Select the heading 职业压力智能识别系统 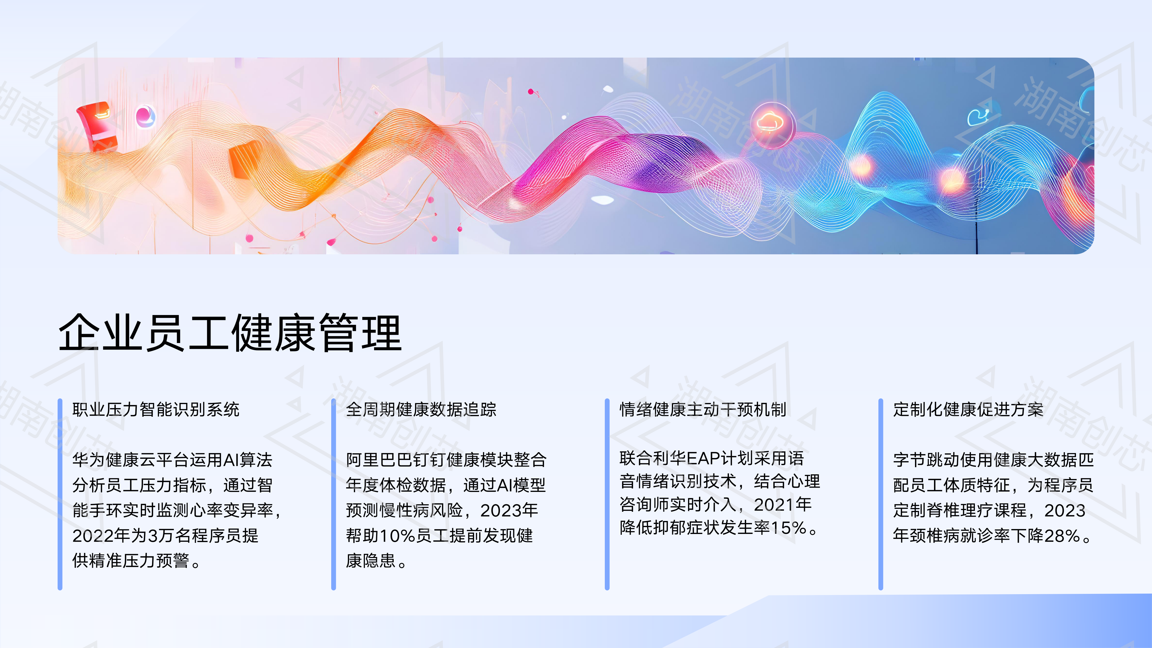click(x=156, y=409)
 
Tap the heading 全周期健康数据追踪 click(x=421, y=409)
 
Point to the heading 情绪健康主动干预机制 click(x=702, y=409)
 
